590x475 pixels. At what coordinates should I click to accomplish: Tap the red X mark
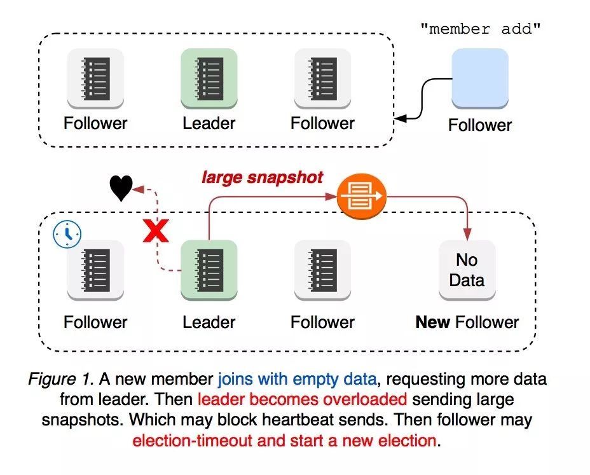(x=156, y=231)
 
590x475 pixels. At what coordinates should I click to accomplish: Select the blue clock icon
(x=67, y=234)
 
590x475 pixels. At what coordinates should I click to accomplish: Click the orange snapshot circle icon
(x=361, y=196)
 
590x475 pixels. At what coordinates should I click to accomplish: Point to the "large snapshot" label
(x=263, y=177)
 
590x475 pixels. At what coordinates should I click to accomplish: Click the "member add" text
(x=480, y=29)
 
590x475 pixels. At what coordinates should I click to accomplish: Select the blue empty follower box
(x=480, y=78)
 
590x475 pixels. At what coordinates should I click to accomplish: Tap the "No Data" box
(x=467, y=270)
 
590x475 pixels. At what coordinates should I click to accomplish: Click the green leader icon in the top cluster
(x=209, y=78)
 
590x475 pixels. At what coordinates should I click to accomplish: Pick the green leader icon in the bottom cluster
(x=209, y=270)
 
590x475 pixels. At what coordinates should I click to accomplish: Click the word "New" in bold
(x=433, y=322)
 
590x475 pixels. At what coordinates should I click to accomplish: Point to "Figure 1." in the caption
(x=60, y=378)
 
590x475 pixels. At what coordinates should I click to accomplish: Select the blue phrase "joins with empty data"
(x=298, y=379)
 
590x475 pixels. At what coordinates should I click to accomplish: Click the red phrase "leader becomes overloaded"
(x=302, y=399)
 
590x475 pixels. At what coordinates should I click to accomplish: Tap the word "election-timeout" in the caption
(x=192, y=440)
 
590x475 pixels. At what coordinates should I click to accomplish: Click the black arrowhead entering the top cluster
(x=401, y=118)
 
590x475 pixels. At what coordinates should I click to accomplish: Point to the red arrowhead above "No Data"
(x=467, y=234)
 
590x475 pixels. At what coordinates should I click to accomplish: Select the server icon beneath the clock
(x=95, y=270)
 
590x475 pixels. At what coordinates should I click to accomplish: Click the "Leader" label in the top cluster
(x=209, y=123)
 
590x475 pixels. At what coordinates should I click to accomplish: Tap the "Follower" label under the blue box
(x=480, y=125)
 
